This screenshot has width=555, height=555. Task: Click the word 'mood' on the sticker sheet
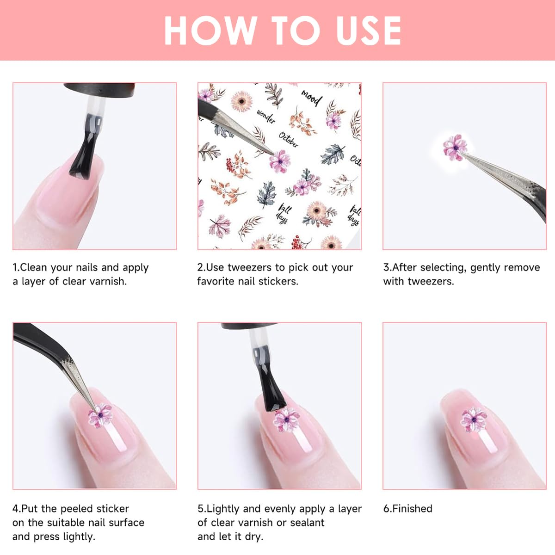click(x=311, y=98)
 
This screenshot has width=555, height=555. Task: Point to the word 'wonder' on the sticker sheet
click(x=266, y=117)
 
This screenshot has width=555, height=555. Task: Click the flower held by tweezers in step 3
click(x=454, y=147)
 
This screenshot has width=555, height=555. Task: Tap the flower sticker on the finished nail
click(x=474, y=419)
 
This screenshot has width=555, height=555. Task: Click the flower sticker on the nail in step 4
click(x=100, y=415)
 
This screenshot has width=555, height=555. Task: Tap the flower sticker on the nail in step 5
click(x=286, y=419)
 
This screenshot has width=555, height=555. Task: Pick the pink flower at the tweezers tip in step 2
click(x=279, y=161)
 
